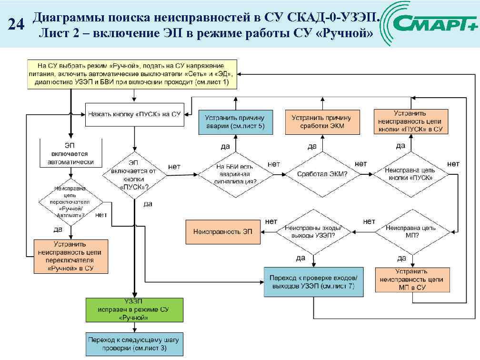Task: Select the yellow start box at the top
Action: [131, 73]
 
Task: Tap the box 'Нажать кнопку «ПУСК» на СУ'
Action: [135, 114]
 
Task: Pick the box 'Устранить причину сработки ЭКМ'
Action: [321, 122]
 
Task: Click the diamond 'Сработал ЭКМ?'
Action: [322, 174]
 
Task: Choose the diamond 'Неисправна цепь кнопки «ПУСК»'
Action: [410, 174]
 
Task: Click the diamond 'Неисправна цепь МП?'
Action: [412, 232]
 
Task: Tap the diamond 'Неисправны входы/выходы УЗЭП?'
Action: [313, 232]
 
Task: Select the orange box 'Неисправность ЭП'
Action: [223, 232]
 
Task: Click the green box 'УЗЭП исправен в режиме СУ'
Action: [134, 309]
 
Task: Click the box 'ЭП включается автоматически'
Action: [70, 153]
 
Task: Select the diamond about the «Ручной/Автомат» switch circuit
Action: [70, 201]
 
